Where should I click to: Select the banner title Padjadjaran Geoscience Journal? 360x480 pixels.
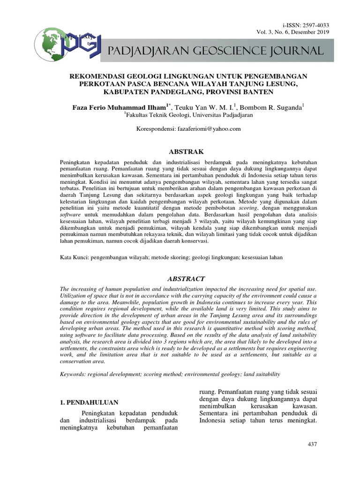tap(215, 51)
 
